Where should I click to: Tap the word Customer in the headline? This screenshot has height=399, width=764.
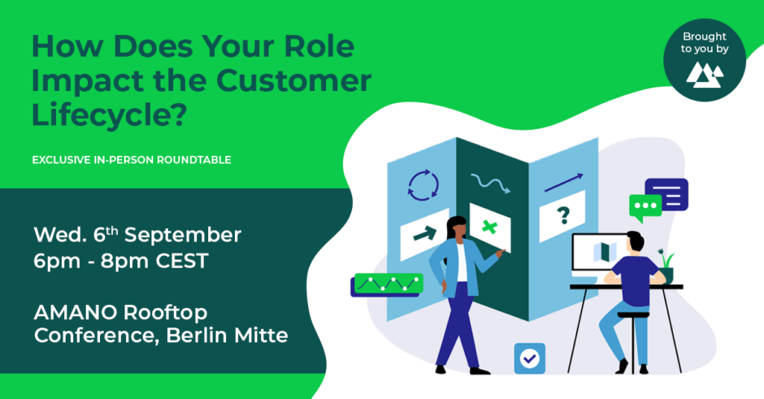click(x=293, y=80)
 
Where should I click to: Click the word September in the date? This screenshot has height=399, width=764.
click(x=183, y=235)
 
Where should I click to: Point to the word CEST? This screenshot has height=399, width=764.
click(x=182, y=261)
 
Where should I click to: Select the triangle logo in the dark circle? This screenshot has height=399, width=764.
click(x=705, y=75)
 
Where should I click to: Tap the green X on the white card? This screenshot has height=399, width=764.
click(x=489, y=227)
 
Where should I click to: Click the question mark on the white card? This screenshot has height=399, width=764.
click(x=563, y=215)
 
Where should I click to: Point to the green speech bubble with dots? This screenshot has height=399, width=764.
click(x=645, y=206)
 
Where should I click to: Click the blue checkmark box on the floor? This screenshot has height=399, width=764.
click(x=530, y=358)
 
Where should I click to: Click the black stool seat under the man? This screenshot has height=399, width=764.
click(x=633, y=314)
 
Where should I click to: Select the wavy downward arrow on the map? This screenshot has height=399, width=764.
click(x=490, y=183)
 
